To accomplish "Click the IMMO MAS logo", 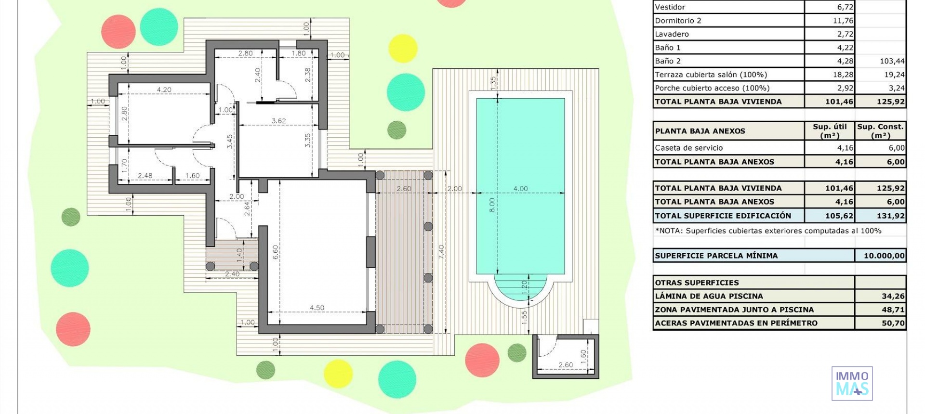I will pos(852,384).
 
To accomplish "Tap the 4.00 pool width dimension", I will pos(520,189).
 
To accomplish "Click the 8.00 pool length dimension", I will pos(492,205).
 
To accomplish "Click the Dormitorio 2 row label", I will pos(678,21).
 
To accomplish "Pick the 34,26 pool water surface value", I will pos(893,296).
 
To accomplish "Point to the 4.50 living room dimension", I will pos(317,308).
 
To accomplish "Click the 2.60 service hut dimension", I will pos(566,365).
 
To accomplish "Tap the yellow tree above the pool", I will pos(402,48).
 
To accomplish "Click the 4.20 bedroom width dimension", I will pos(164,90).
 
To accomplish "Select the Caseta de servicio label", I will pos(688,148).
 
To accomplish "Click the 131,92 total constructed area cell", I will pos(890,216).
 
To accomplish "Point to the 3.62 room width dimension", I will pos(278,121).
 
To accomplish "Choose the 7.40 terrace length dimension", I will pos(441,252).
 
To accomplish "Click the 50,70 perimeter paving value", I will pos(893,323).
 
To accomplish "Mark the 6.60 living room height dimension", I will pos(275,252).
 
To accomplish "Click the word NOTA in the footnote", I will pos(669,231).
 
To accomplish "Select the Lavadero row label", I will pos(672,34).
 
